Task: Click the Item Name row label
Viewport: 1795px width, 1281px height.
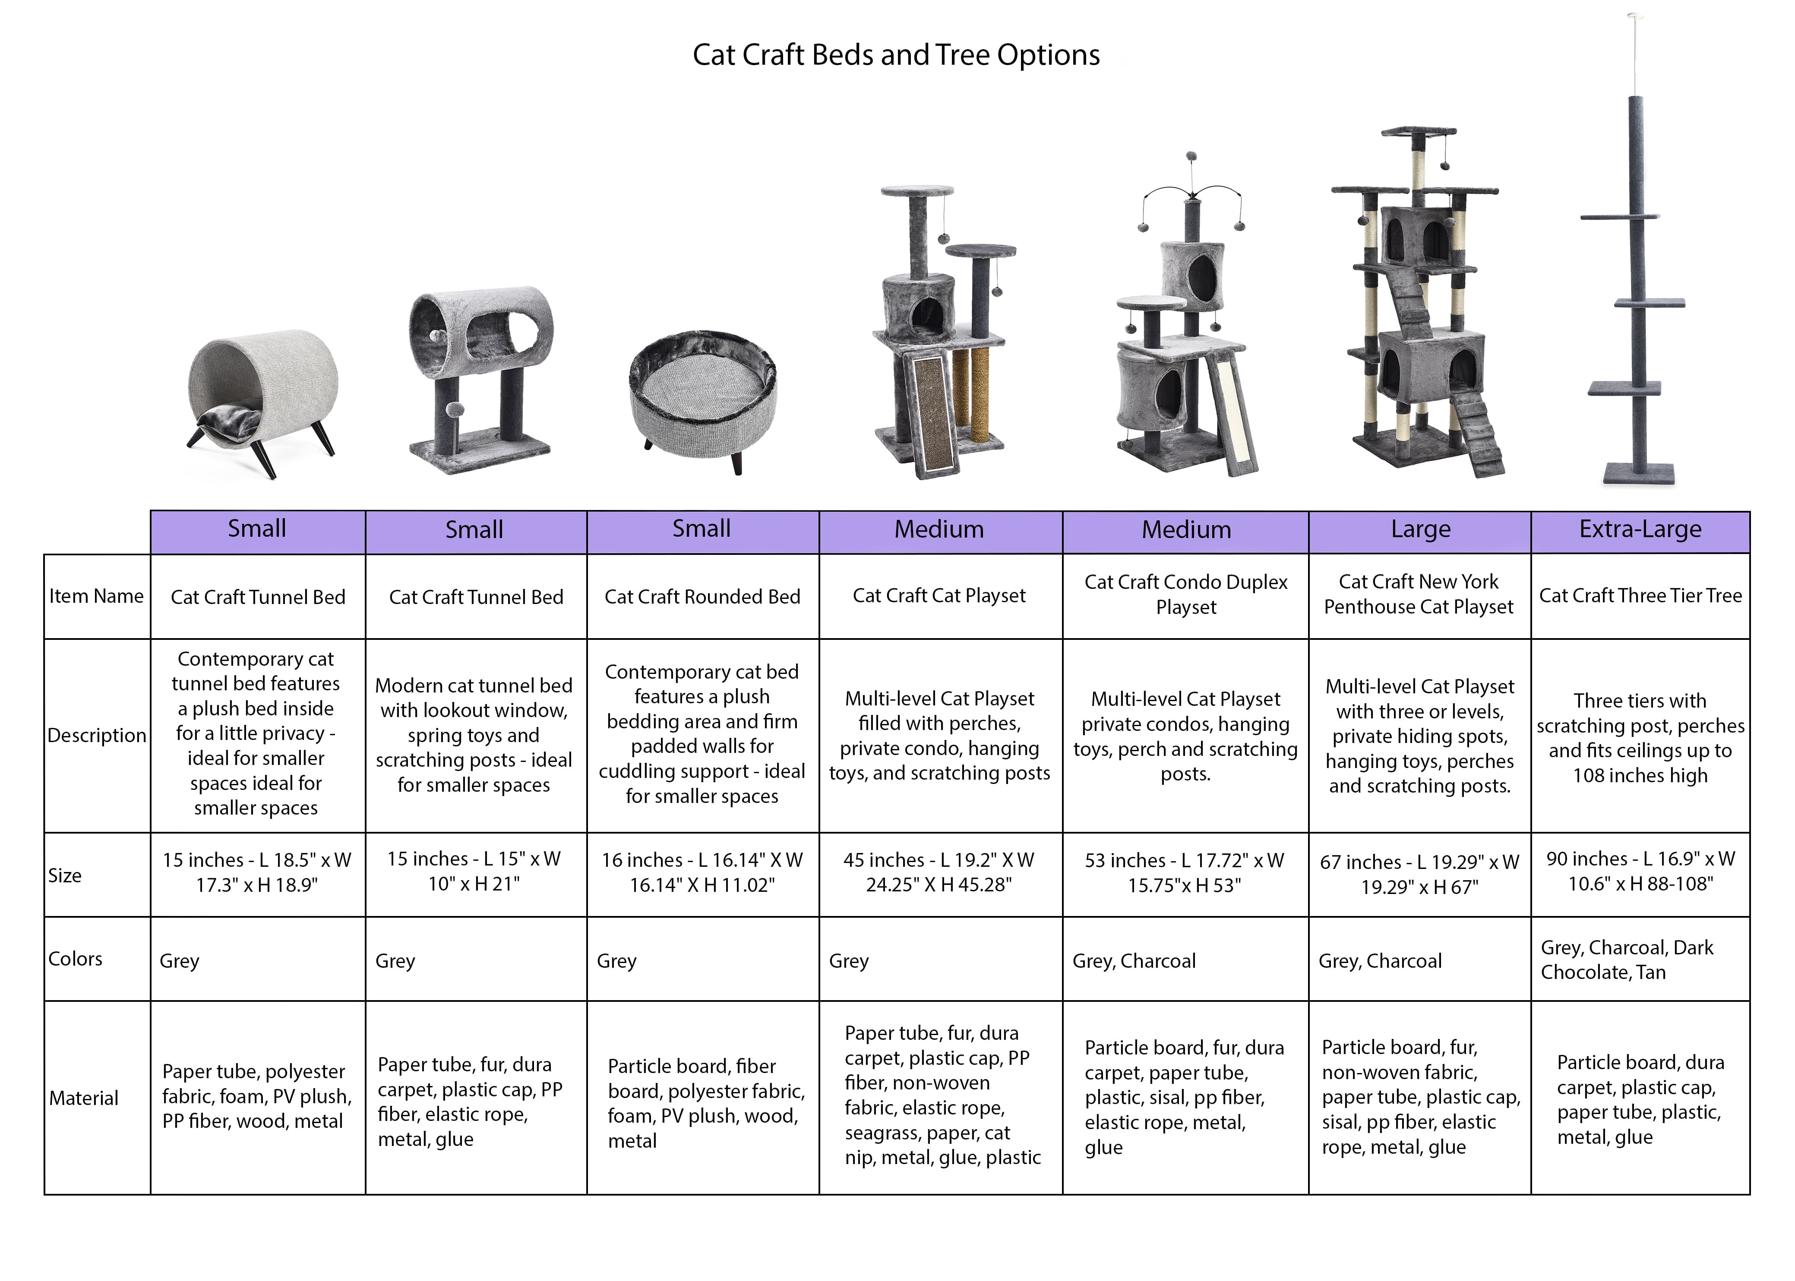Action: pos(96,596)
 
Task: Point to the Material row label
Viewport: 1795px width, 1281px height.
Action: pos(84,1098)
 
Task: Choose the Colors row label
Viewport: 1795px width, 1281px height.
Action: pos(76,959)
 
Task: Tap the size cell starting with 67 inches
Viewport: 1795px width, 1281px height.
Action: pos(1419,874)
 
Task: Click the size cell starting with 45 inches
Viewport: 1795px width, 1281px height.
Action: pos(939,872)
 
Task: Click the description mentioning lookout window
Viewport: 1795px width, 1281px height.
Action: pos(474,735)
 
